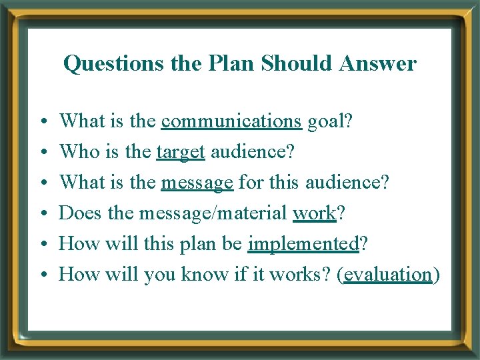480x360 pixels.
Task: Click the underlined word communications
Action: click(231, 121)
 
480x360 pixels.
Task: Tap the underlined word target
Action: click(180, 152)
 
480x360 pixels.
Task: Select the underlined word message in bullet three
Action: click(197, 182)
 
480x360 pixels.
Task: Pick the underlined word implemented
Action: click(303, 243)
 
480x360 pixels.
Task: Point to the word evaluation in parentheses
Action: click(388, 274)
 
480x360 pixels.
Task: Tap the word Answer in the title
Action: click(378, 64)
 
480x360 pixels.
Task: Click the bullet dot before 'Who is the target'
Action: click(42, 153)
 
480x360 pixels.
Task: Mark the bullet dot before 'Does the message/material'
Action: click(42, 214)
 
